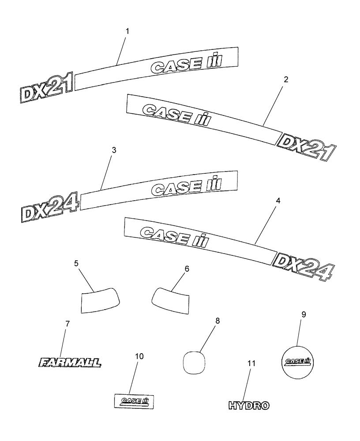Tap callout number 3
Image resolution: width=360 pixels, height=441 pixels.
pyautogui.click(x=114, y=150)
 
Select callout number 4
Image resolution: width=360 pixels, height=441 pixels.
pyautogui.click(x=277, y=200)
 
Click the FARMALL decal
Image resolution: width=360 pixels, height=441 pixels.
pyautogui.click(x=70, y=363)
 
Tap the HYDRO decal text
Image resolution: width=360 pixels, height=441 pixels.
pyautogui.click(x=249, y=405)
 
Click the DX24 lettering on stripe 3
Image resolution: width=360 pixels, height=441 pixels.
pyautogui.click(x=49, y=207)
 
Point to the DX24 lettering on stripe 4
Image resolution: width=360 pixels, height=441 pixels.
pyautogui.click(x=303, y=266)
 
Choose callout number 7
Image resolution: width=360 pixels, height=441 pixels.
pyautogui.click(x=67, y=324)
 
